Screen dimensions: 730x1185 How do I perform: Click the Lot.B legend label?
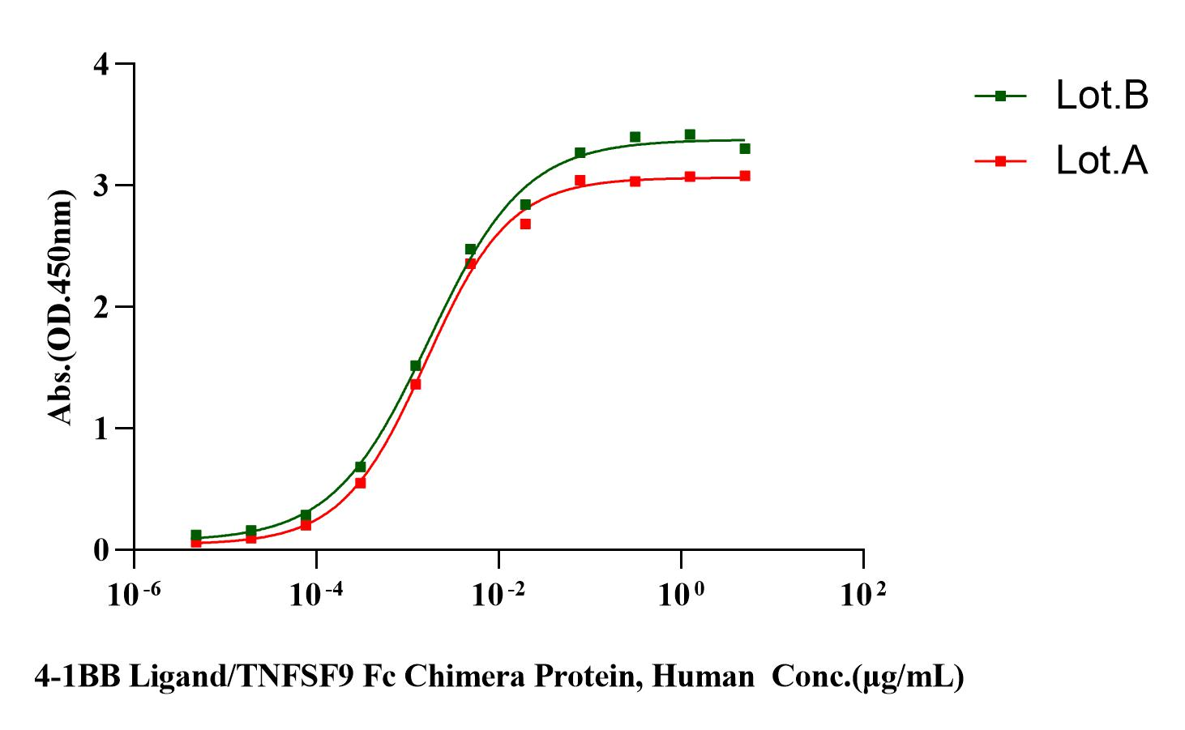coord(1102,96)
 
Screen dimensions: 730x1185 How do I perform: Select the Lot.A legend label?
coord(1102,161)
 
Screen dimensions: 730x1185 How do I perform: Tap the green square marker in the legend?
coord(1000,96)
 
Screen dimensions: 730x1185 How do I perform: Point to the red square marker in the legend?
coord(1000,161)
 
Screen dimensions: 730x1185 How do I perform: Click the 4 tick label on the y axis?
coord(101,64)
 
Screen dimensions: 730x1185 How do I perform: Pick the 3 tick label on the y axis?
coord(101,186)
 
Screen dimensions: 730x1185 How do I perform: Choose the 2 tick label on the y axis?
coord(101,307)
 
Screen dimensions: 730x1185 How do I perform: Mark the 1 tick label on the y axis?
coord(101,429)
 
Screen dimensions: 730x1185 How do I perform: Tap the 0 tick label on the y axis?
coord(101,550)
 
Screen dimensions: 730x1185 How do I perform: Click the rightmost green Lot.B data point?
coord(745,148)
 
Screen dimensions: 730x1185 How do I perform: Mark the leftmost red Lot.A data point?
coord(196,542)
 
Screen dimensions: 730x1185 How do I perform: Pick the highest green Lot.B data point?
coord(690,134)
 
